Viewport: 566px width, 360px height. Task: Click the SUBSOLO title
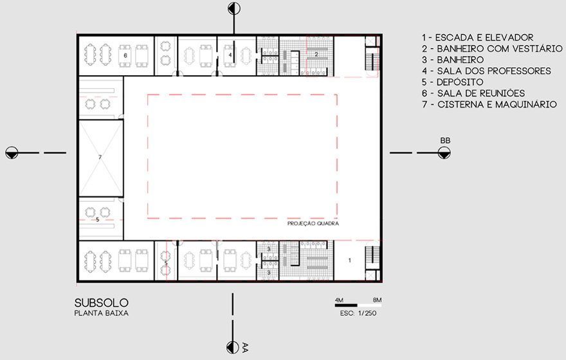pyautogui.click(x=102, y=303)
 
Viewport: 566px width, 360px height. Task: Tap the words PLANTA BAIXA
pyautogui.click(x=102, y=313)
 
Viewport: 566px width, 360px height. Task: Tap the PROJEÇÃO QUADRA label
pyautogui.click(x=313, y=223)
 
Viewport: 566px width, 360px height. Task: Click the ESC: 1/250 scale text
pyautogui.click(x=358, y=313)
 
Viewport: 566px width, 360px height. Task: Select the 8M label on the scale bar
pyautogui.click(x=377, y=300)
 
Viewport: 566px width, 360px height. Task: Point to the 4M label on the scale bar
pyautogui.click(x=340, y=300)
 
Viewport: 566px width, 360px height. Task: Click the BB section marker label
pyautogui.click(x=445, y=140)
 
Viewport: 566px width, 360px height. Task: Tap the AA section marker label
pyautogui.click(x=245, y=347)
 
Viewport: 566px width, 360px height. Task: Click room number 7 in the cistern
pyautogui.click(x=100, y=157)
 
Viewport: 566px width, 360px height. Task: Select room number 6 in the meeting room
pyautogui.click(x=125, y=55)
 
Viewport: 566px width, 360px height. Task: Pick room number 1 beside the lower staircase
pyautogui.click(x=349, y=260)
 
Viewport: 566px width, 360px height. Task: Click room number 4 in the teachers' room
pyautogui.click(x=230, y=55)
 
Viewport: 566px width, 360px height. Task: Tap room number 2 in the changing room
pyautogui.click(x=316, y=54)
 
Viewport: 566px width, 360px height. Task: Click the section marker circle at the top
pyautogui.click(x=234, y=8)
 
